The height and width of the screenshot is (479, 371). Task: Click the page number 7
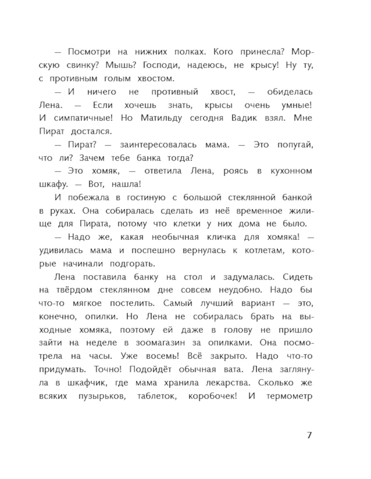tap(309, 435)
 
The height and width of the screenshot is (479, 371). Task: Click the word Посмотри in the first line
tap(87, 52)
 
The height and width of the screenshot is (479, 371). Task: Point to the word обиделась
tap(290, 92)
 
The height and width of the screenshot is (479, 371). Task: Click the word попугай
tap(295, 144)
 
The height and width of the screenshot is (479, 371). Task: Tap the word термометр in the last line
tap(289, 396)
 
